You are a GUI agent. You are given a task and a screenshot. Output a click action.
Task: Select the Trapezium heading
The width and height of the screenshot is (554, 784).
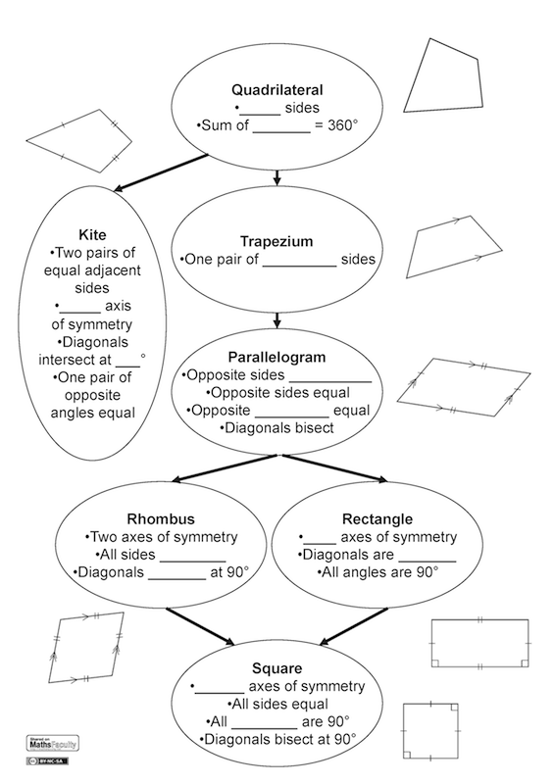click(x=278, y=241)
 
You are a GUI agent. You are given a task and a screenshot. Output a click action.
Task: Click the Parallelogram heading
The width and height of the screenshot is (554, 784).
click(x=278, y=357)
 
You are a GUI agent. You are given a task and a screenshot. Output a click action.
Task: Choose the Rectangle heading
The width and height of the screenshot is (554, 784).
click(x=378, y=518)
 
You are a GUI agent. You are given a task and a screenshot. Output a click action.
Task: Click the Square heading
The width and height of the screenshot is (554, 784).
click(x=277, y=667)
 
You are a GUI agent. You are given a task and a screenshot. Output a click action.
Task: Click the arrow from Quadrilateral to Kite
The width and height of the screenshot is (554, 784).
click(x=158, y=172)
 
